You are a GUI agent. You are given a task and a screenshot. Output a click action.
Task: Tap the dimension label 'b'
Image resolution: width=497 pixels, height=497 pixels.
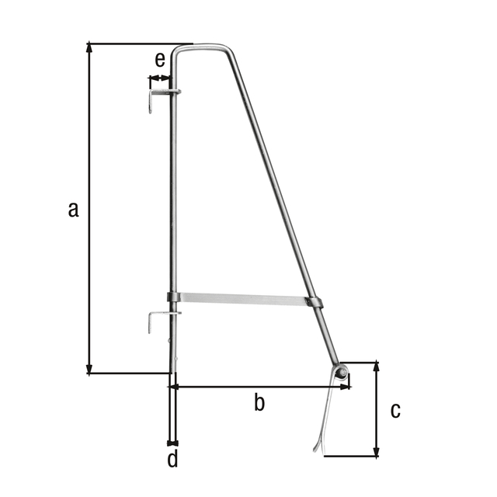(260, 401)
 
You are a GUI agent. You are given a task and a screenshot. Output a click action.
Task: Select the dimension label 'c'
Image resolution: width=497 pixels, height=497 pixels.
(395, 409)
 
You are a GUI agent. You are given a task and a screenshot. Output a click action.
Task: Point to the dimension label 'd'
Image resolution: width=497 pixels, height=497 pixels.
(172, 459)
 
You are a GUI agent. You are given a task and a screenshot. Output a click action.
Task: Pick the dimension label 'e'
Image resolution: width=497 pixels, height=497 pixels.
(160, 59)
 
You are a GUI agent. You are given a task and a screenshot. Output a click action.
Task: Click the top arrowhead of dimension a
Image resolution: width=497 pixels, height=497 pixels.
(90, 47)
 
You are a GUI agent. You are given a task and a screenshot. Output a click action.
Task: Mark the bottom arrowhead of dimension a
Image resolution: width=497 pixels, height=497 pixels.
(90, 369)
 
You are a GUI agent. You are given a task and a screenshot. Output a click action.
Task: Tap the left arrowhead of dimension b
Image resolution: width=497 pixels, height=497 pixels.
(175, 385)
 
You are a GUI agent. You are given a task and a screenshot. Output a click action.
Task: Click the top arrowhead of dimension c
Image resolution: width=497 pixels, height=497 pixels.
(377, 366)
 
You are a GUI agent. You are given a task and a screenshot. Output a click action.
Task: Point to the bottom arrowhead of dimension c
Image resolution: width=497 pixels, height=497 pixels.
(377, 452)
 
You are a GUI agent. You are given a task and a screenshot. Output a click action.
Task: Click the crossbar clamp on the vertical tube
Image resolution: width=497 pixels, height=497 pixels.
(173, 297)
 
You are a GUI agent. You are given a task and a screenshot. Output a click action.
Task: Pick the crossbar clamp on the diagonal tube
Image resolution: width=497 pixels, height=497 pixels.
(315, 301)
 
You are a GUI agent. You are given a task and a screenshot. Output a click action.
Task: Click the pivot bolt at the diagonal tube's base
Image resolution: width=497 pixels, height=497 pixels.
(341, 372)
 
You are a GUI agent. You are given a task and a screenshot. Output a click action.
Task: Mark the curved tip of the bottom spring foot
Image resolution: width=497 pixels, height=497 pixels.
(316, 448)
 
